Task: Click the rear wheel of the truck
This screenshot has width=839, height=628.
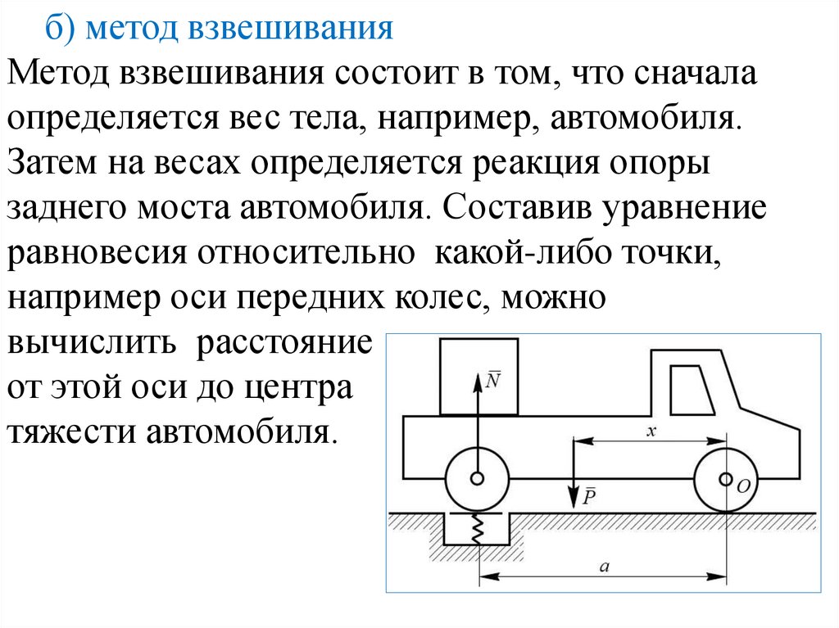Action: click(476, 480)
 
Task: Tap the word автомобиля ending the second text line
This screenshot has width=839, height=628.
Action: click(646, 116)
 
